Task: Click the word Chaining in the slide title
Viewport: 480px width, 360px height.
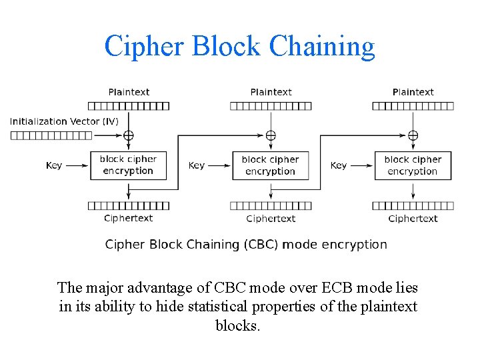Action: (x=322, y=46)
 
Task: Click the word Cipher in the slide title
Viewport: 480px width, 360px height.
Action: (x=143, y=46)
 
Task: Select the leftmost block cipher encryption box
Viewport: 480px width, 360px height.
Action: (x=128, y=165)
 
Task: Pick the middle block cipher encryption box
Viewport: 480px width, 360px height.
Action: (x=270, y=165)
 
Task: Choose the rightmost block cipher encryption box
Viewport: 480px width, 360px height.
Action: (x=413, y=165)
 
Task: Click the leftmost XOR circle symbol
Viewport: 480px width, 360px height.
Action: (x=128, y=135)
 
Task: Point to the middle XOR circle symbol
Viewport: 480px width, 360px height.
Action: (x=271, y=135)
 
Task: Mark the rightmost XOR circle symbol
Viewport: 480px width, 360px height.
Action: (x=413, y=135)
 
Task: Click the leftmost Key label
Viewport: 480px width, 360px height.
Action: (x=54, y=165)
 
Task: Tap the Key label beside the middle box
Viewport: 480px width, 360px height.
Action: (x=197, y=165)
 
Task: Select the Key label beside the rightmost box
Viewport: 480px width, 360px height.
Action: (x=339, y=165)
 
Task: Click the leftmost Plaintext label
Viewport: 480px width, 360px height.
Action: (x=129, y=92)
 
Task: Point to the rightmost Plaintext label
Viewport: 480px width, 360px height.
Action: (x=413, y=92)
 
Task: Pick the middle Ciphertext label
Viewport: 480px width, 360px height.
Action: (x=271, y=219)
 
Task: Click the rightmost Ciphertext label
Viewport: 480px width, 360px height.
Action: (x=413, y=219)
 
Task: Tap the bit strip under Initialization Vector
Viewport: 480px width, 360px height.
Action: (x=52, y=135)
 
